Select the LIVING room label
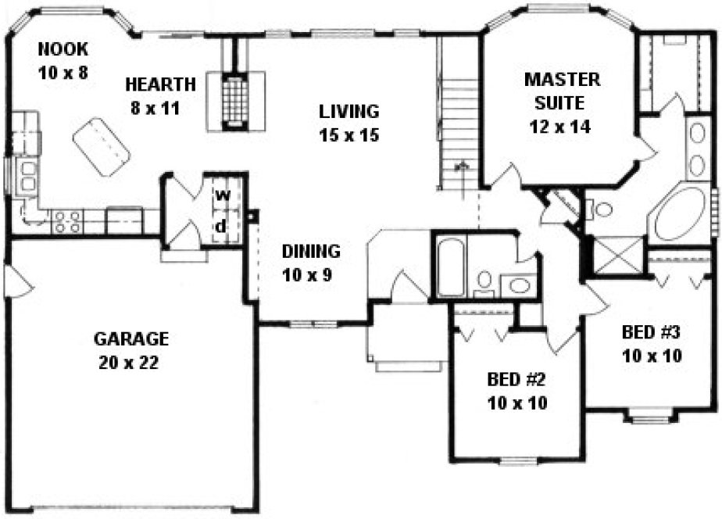click(348, 111)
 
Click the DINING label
click(311, 252)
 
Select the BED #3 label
click(652, 331)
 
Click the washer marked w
click(222, 195)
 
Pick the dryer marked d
click(222, 226)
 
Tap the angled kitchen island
click(102, 148)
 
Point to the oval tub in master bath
click(679, 213)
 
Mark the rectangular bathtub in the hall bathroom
click(451, 269)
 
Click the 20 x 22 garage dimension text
click(130, 363)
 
